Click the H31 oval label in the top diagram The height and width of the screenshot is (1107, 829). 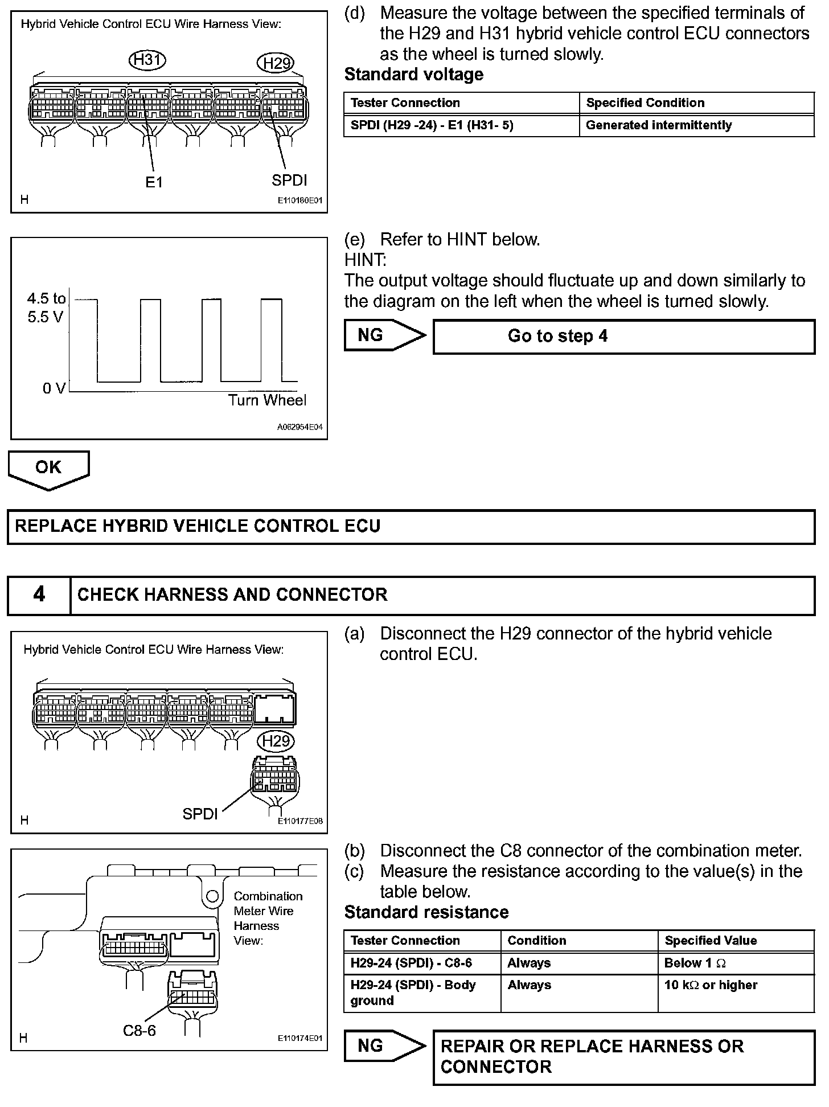(147, 60)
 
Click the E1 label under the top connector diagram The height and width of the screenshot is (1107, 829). (154, 182)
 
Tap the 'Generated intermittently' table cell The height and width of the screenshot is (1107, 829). (659, 125)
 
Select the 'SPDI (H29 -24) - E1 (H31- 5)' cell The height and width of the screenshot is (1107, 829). (432, 125)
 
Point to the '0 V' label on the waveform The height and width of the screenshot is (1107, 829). (54, 388)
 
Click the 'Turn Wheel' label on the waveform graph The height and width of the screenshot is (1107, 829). (267, 400)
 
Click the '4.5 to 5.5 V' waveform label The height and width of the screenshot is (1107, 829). (46, 307)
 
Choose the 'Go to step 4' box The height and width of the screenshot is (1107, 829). (624, 337)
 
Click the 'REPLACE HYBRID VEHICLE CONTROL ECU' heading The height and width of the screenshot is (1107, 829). (198, 526)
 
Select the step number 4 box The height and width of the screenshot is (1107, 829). (39, 595)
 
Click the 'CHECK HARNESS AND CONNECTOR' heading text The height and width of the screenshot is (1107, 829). (232, 595)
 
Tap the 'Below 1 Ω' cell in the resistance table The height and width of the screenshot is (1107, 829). (695, 963)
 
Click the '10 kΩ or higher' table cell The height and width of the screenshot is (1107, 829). (711, 985)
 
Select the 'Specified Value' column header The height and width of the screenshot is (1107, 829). (711, 941)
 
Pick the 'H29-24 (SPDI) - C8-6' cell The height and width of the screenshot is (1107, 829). (411, 963)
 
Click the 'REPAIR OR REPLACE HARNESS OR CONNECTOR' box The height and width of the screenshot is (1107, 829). (624, 1057)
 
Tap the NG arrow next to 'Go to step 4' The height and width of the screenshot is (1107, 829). (384, 336)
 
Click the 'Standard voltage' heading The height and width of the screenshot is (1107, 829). (414, 75)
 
